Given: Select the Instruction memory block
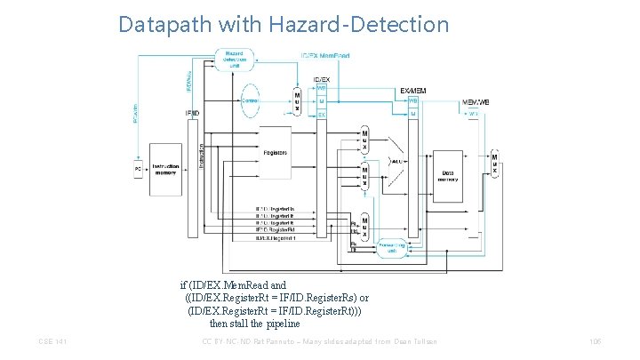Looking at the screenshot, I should point(165,168).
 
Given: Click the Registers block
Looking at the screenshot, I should point(276,153).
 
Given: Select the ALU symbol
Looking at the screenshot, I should point(399,162).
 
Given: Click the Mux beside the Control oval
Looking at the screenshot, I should point(297,101).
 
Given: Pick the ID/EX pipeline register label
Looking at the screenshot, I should point(321,79).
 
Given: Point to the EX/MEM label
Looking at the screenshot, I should point(413,91).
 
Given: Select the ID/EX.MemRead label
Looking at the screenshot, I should point(325,55).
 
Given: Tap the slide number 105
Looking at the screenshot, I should point(596,342).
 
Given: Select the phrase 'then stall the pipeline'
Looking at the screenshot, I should point(255,323).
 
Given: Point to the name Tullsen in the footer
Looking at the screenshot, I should point(420,342).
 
